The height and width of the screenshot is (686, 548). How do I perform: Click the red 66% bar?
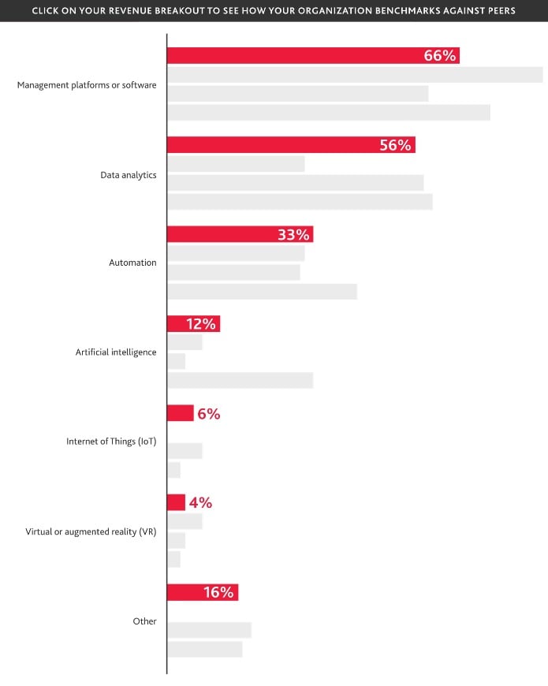(x=313, y=55)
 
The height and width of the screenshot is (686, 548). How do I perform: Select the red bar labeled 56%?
(x=291, y=145)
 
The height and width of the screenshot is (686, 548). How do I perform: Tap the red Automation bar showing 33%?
(x=240, y=234)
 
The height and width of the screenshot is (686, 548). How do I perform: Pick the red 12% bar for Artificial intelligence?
(x=194, y=324)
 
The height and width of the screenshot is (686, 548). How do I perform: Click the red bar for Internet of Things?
(x=181, y=413)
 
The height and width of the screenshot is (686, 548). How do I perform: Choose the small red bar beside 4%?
(x=177, y=502)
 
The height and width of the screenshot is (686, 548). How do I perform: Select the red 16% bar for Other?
(x=203, y=592)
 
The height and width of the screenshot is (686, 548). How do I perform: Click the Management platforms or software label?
(x=87, y=85)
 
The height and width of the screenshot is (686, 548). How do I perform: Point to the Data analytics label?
(x=129, y=175)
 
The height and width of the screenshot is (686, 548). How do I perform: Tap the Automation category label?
(x=132, y=263)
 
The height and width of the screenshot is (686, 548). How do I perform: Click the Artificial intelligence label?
(x=116, y=352)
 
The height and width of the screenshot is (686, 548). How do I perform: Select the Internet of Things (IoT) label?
(x=111, y=442)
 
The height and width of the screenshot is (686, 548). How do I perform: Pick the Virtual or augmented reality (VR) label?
(x=91, y=531)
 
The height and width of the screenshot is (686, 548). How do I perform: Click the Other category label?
(x=145, y=621)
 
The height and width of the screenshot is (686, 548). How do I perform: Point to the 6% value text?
(x=209, y=413)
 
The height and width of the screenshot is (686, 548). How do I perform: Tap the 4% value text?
(x=201, y=503)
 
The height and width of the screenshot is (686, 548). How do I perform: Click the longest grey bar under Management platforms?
(x=355, y=75)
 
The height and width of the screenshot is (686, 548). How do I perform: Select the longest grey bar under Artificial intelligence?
(x=240, y=380)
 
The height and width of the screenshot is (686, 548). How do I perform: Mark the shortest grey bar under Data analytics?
(x=236, y=164)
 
